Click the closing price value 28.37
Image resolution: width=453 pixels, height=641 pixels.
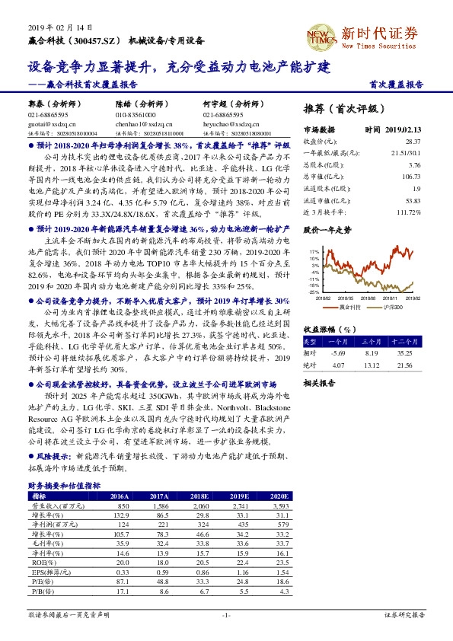pos(413,142)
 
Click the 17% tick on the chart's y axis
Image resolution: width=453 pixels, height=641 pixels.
pos(314,250)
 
